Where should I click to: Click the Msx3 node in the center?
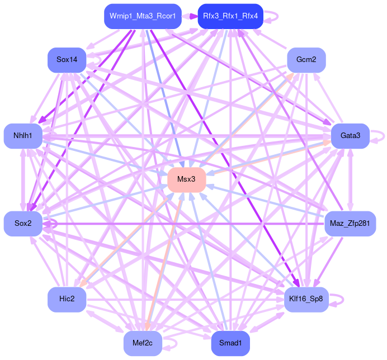pyautogui.click(x=187, y=179)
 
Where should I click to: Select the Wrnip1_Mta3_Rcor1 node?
pyautogui.click(x=142, y=16)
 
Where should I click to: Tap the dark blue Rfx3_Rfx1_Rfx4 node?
pyautogui.click(x=230, y=16)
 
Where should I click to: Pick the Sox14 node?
pyautogui.click(x=67, y=60)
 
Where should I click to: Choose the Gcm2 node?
pyautogui.click(x=306, y=60)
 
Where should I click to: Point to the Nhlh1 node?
pyautogui.click(x=23, y=136)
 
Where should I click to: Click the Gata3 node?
pyautogui.click(x=350, y=136)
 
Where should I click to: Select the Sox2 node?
pyautogui.click(x=23, y=224)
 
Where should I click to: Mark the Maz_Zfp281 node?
pyautogui.click(x=350, y=224)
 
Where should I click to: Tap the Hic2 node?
pyautogui.click(x=67, y=299)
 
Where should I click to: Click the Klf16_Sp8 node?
pyautogui.click(x=306, y=299)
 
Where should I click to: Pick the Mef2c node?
pyautogui.click(x=143, y=343)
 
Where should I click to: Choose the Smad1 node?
pyautogui.click(x=230, y=343)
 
